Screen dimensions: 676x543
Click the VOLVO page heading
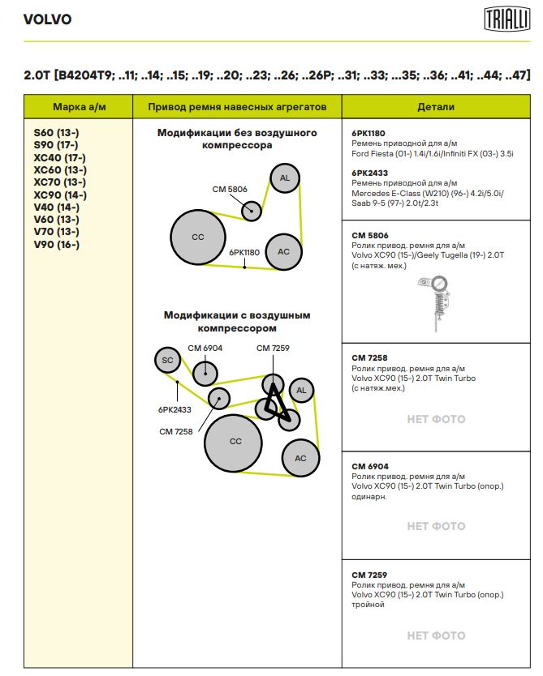pos(48,19)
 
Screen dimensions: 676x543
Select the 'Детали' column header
pos(436,107)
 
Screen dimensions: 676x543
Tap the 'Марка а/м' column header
pos(80,107)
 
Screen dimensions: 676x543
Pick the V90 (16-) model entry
pos(57,245)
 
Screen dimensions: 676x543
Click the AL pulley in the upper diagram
pos(284,178)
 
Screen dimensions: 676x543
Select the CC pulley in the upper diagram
pos(198,237)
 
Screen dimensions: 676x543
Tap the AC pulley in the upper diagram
pos(283,251)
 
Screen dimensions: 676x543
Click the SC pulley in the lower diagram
pos(167,360)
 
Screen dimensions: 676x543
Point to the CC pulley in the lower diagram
pos(235,442)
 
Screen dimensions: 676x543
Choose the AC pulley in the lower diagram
pos(300,458)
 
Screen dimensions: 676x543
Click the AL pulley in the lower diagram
pos(301,391)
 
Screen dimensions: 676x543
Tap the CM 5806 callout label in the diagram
pos(230,189)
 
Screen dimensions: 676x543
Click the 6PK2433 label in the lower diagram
pos(175,409)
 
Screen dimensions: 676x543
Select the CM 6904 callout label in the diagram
pos(205,348)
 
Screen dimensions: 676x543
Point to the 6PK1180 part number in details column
pos(368,133)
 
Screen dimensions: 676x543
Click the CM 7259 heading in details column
pos(369,575)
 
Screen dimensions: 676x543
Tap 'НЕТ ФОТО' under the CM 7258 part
pos(436,419)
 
